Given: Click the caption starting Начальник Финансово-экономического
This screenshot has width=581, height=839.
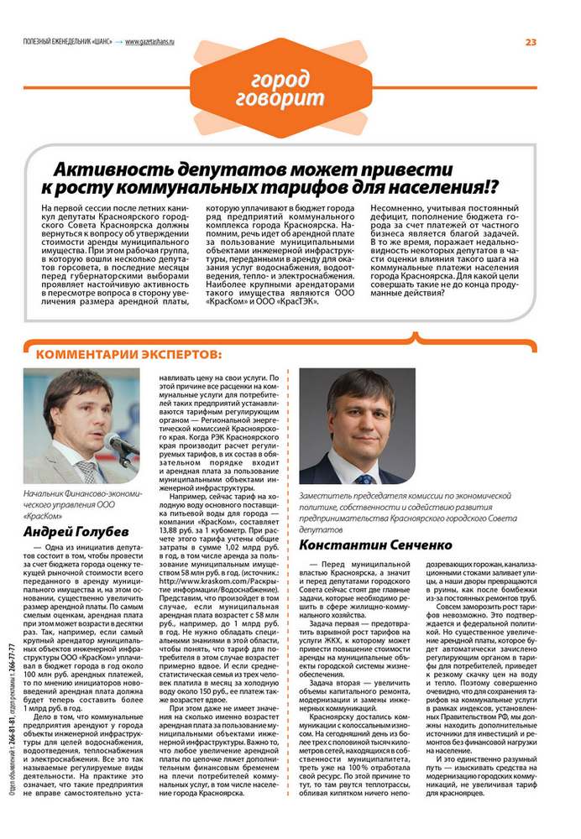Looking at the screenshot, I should coord(84,503).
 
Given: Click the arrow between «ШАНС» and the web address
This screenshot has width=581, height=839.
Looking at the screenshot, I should coord(119,43).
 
